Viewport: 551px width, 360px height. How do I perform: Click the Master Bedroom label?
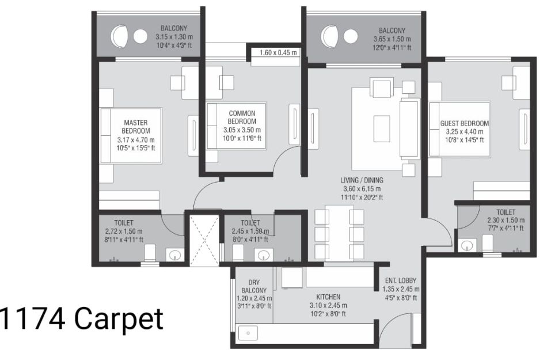coord(136,127)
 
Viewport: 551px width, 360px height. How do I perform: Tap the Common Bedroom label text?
coord(242,118)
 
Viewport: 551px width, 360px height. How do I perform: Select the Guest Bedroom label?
coord(465,123)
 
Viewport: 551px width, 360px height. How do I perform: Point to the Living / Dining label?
coord(362,180)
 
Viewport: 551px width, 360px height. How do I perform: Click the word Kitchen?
coord(328,297)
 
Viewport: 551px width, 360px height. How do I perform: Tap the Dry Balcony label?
coord(254,286)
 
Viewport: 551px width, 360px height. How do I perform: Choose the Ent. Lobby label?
coord(401,281)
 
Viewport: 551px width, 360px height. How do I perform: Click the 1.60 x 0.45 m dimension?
coord(278,53)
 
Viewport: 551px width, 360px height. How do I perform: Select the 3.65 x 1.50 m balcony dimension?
coord(392,39)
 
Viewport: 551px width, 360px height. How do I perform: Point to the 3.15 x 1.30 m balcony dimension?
coord(174,36)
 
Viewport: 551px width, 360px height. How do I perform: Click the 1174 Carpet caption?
coord(82,319)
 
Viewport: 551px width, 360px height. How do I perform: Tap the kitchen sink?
coord(248,333)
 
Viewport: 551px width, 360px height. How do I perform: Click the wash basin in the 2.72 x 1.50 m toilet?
coord(174,255)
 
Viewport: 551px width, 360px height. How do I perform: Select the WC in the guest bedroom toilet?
coord(488,244)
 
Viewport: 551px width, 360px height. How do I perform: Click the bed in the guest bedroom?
coord(459,129)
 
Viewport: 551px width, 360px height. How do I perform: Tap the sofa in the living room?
coord(410,129)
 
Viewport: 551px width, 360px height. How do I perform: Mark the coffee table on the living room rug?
coord(381,128)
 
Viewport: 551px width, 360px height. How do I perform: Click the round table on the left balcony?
coord(140,36)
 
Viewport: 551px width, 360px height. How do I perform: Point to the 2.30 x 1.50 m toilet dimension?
coord(506,221)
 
